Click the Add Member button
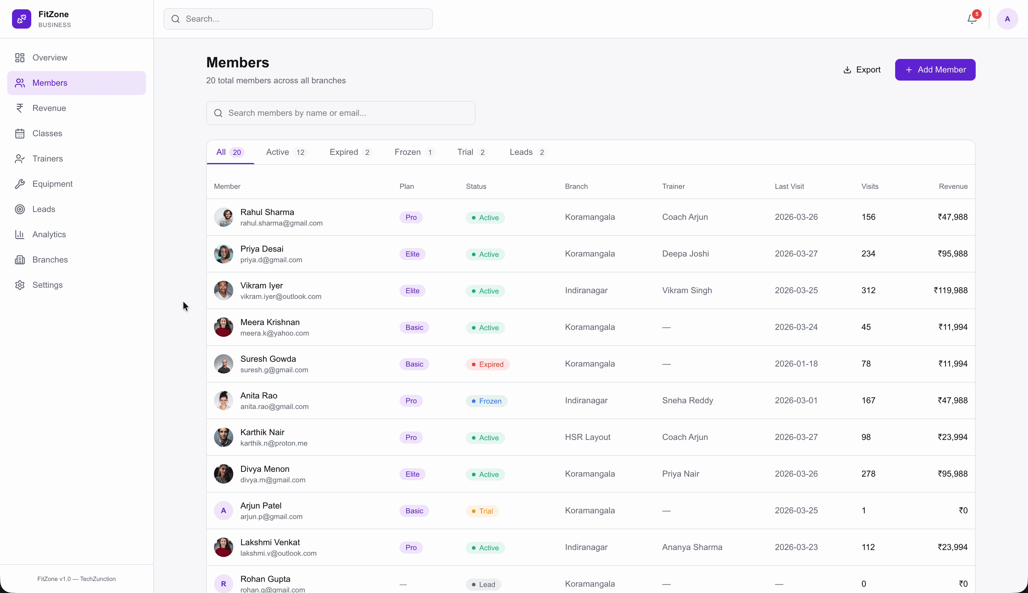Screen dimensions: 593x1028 [935, 70]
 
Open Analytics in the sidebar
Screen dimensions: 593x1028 [49, 234]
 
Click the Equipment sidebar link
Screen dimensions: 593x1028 [52, 184]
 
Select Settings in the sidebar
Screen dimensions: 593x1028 [47, 285]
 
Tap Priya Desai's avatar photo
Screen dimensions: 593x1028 [224, 254]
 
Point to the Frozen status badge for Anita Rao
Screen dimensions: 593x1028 [487, 401]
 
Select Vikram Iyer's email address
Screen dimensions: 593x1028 [280, 296]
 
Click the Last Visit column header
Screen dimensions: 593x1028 [789, 186]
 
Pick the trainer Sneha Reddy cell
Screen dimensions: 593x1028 [687, 400]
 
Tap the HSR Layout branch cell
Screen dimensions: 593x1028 [587, 437]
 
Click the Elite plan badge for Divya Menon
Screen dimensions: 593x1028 [412, 474]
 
